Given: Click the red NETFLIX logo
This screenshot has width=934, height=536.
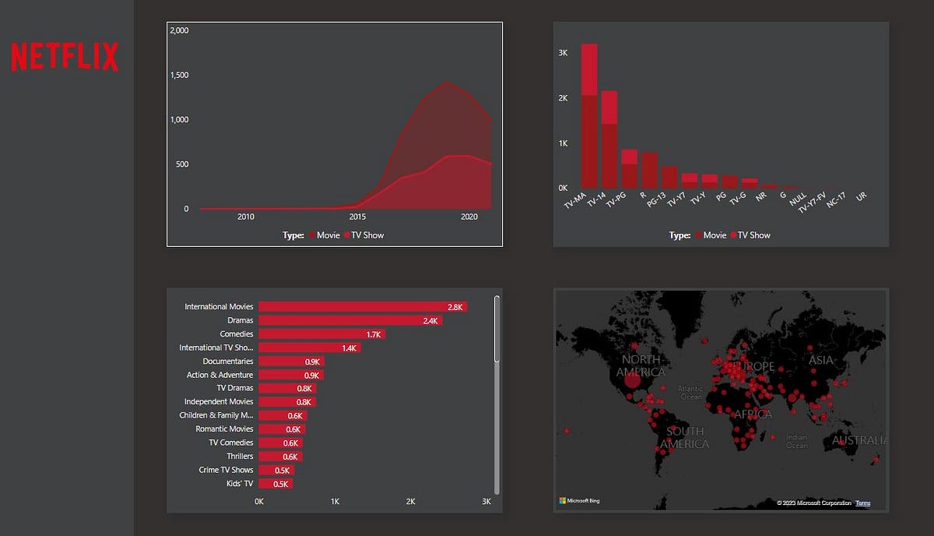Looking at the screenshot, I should pos(65,58).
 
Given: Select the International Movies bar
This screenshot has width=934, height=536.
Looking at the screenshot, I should pos(362,307).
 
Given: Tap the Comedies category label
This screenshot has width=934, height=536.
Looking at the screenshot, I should pos(236,334).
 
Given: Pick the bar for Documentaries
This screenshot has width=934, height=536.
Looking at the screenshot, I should pos(290,361).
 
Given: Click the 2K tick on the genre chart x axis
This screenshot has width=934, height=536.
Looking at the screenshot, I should pos(410,502).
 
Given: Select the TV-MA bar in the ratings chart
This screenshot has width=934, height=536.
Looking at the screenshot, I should pos(589,117).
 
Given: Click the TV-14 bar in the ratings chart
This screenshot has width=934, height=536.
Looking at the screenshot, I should pos(609,140).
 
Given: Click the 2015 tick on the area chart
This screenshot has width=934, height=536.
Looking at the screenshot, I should pos(357,217).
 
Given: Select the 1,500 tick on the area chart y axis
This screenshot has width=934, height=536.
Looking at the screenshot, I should pos(179,76).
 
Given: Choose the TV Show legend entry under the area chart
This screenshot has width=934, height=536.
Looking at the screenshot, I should pos(367,235).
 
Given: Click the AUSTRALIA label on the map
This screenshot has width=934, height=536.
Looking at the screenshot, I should pos(859,441).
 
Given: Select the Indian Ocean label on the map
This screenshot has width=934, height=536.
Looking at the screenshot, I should pos(796,441).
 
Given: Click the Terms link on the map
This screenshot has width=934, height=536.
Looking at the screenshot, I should pos(862,503).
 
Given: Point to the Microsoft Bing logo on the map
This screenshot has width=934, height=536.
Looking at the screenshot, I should pos(580,500).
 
